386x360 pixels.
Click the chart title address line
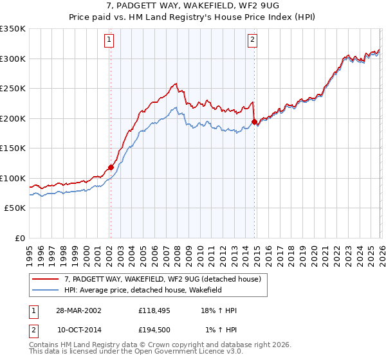pos(192,6)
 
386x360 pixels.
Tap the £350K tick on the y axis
pos(13,29)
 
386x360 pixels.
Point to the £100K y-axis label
pos(13,178)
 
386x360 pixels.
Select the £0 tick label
pos(19,238)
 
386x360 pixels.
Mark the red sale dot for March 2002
pos(111,167)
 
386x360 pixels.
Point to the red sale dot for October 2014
pos(255,122)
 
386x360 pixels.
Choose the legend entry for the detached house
pos(162,280)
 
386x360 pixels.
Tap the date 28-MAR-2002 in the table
pos(78,310)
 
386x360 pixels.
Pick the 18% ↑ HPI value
pos(220,310)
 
